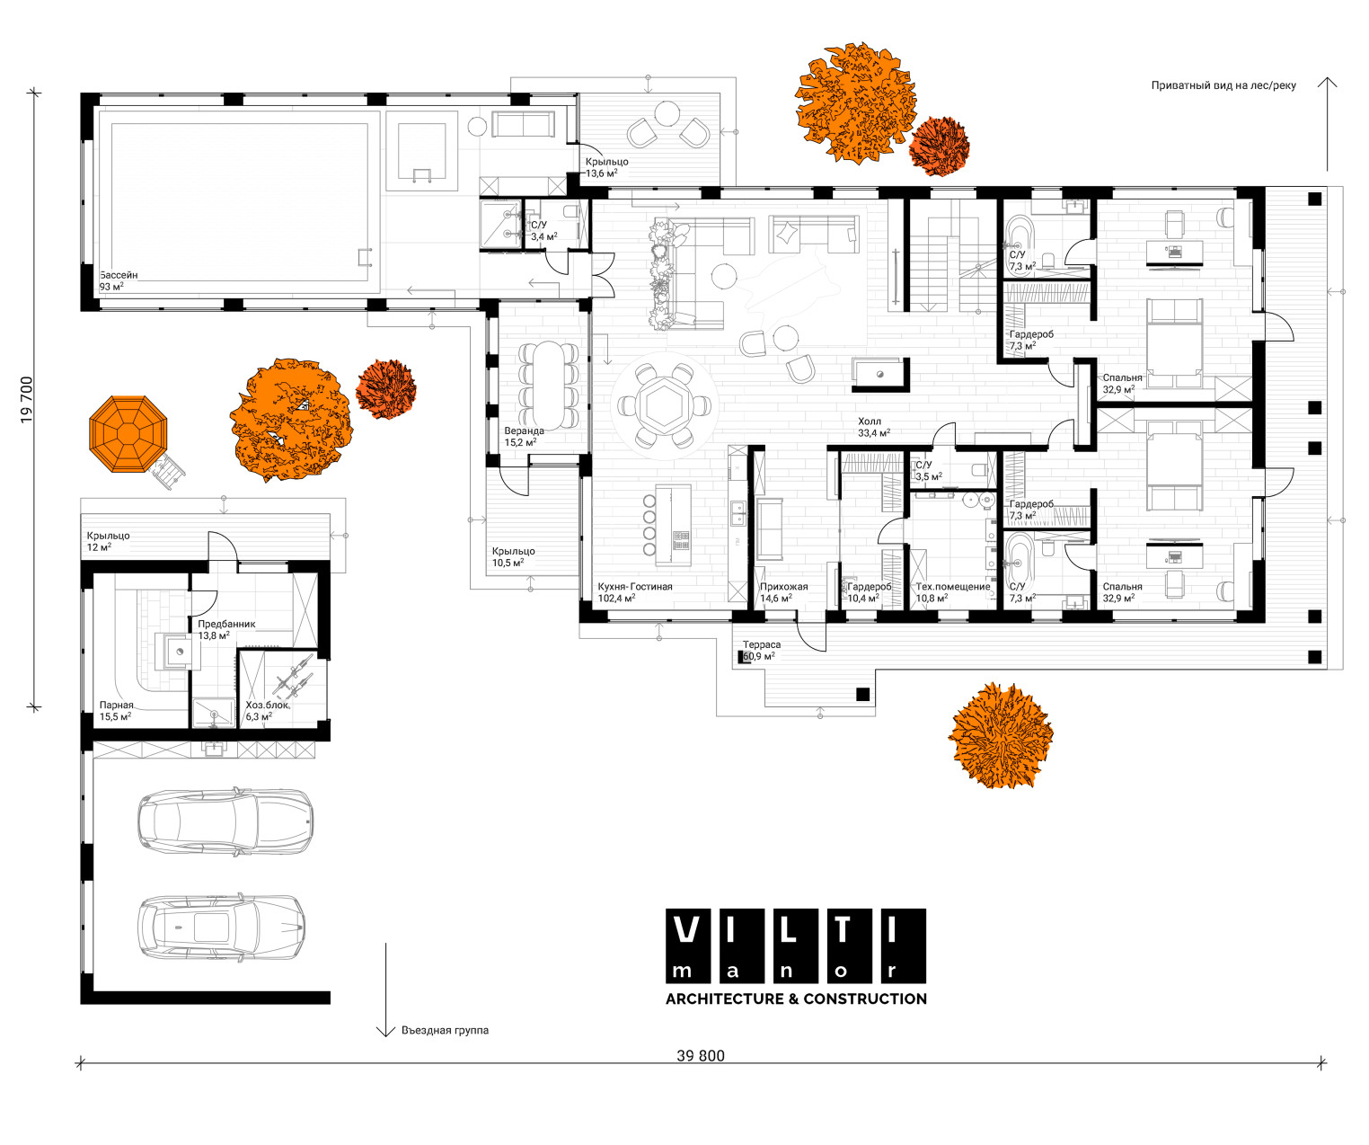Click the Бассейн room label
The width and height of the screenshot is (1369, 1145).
click(x=119, y=275)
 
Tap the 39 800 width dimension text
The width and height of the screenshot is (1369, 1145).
click(x=701, y=1055)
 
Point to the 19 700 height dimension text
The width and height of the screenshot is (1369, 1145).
click(x=26, y=400)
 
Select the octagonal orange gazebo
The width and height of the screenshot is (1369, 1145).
click(x=128, y=434)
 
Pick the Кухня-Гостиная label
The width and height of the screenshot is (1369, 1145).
click(x=635, y=587)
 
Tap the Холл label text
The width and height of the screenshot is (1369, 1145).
click(x=870, y=422)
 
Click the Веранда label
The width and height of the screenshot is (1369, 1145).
click(x=524, y=431)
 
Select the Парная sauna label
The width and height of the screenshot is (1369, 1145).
click(x=116, y=705)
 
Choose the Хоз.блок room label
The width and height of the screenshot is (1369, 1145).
click(x=268, y=705)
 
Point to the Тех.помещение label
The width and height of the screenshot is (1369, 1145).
click(x=953, y=587)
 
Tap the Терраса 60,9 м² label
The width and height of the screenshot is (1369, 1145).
click(x=761, y=651)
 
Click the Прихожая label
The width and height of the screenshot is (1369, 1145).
click(x=783, y=587)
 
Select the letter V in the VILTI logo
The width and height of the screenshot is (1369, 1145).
click(x=686, y=929)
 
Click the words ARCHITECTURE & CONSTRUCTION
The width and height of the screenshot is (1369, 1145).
click(x=796, y=999)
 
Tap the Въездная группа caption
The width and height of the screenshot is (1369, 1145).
click(x=445, y=1030)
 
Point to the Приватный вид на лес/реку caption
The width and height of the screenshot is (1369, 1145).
click(x=1223, y=85)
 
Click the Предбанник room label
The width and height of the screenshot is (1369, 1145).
click(x=226, y=624)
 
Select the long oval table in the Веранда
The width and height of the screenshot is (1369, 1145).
click(x=549, y=386)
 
